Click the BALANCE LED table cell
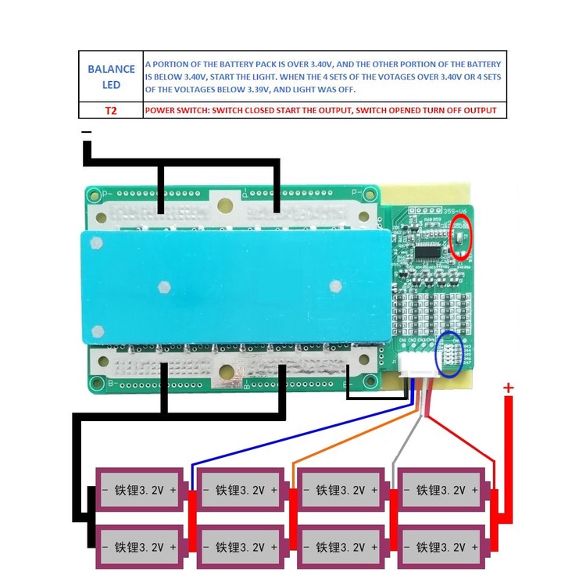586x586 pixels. click(111, 76)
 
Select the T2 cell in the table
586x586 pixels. click(111, 110)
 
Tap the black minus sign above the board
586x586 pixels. click(87, 133)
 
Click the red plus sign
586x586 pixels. click(509, 388)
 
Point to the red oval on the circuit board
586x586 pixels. click(462, 238)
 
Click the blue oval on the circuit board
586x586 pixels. click(448, 354)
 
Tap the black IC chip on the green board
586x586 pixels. click(429, 252)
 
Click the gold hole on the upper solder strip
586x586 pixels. click(225, 205)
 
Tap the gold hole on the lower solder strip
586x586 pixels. click(225, 373)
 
